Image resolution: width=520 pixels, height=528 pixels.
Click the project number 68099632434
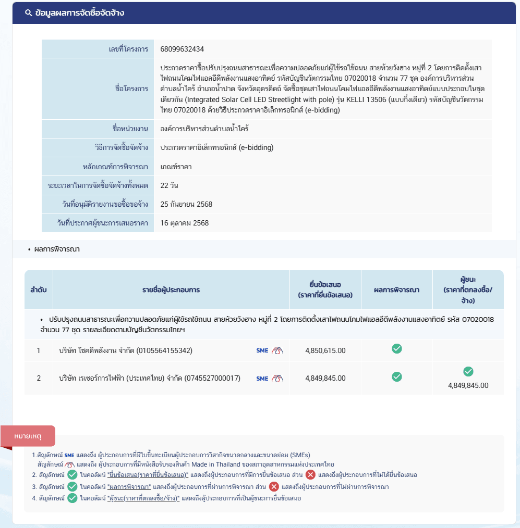[x=182, y=49]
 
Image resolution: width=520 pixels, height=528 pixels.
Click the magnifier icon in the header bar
[x=29, y=13]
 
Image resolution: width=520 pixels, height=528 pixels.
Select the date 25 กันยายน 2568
[x=186, y=204]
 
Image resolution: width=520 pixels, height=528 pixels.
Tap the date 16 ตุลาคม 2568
[x=184, y=223]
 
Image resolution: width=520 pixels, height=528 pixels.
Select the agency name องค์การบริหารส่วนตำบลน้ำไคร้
[x=212, y=129]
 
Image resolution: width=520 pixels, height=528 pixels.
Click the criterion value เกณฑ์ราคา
[x=176, y=167]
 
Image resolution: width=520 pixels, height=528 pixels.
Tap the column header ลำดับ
[x=38, y=290]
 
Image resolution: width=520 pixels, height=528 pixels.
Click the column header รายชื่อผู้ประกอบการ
[x=171, y=290]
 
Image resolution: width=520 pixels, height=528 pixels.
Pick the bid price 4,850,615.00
[x=325, y=350]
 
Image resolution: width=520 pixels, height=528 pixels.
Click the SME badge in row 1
[x=262, y=350]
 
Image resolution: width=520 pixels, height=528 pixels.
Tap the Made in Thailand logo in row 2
[x=277, y=379]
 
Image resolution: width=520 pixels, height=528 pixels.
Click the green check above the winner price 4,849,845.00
[x=468, y=371]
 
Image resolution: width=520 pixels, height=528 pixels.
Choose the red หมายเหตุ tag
[x=28, y=435]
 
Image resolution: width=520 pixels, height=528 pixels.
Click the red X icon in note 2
[x=310, y=474]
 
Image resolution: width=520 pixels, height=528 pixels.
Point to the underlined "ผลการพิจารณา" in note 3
[x=129, y=487]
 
